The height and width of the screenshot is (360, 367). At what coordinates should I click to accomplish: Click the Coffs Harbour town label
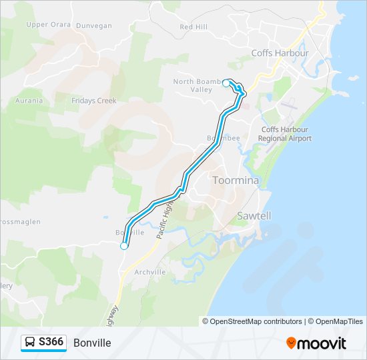[280, 53]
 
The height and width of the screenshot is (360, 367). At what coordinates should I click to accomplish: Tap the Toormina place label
[235, 180]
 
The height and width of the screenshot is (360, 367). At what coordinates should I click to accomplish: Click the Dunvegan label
[94, 25]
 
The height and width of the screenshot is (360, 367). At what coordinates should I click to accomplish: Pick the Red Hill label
[194, 27]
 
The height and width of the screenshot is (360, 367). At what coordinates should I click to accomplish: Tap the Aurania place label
[29, 101]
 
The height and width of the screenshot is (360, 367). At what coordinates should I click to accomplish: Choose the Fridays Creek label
[94, 101]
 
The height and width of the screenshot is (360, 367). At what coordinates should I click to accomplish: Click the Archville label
[149, 272]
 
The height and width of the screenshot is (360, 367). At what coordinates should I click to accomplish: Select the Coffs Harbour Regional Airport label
[286, 134]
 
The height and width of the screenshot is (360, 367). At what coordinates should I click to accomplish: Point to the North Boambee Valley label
[197, 85]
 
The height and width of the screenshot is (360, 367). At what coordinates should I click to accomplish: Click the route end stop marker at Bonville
[124, 246]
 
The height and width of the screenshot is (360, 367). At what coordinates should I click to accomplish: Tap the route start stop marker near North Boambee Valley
[226, 83]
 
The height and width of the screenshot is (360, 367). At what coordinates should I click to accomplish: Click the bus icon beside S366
[31, 343]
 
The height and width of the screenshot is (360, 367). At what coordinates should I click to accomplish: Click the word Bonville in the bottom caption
[92, 343]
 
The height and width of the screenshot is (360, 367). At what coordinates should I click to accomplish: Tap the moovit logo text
[322, 343]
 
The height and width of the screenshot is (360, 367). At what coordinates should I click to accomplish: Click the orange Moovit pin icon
[291, 343]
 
